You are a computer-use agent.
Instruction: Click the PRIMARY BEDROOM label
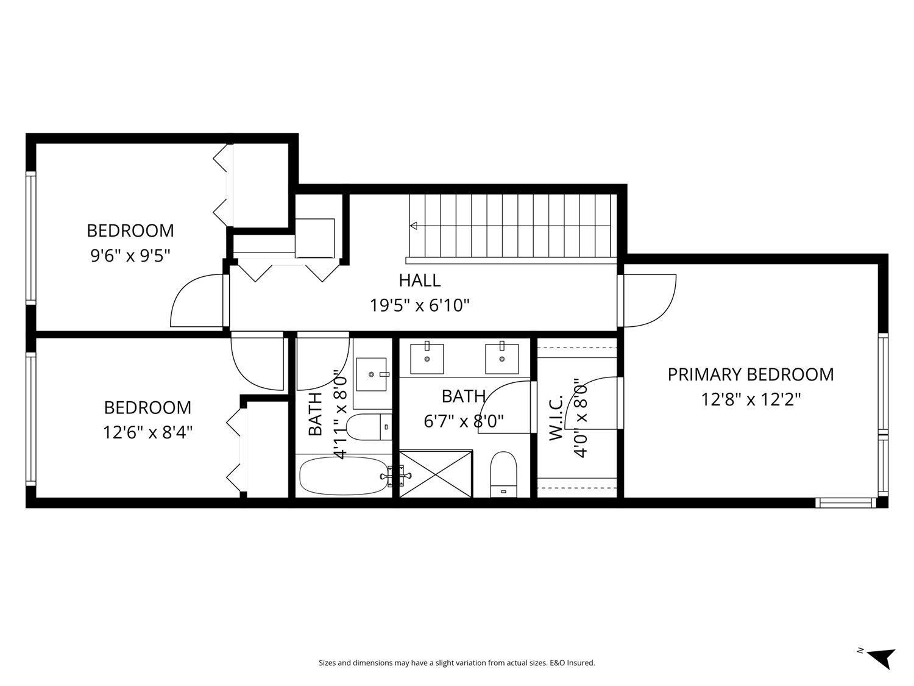[x=750, y=374]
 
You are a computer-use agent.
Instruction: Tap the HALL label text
[x=419, y=280]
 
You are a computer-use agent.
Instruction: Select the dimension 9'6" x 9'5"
[x=130, y=255]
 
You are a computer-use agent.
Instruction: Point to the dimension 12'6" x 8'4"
[x=147, y=432]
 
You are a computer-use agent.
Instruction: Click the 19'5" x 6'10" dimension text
[x=420, y=305]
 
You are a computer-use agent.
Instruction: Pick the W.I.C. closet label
[x=556, y=419]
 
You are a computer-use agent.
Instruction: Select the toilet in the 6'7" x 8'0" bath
[x=503, y=474]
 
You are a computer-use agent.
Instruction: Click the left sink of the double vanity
[x=427, y=359]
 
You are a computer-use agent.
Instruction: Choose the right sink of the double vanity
[x=501, y=359]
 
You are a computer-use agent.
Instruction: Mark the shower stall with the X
[x=436, y=474]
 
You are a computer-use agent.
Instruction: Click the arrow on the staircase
[x=414, y=226]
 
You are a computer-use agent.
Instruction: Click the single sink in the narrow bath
[x=371, y=374]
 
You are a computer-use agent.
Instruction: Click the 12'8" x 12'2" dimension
[x=750, y=400]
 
